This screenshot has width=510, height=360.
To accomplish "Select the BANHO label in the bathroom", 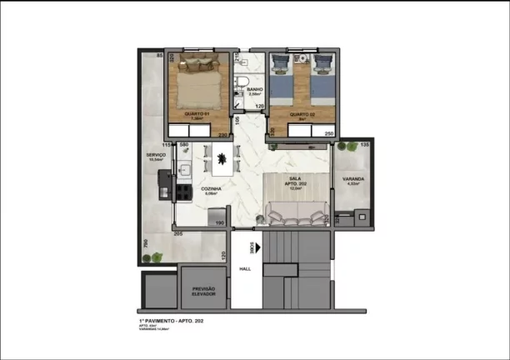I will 256,89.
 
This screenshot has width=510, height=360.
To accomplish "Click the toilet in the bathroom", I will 239,82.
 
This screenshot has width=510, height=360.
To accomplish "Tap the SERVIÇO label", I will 156,154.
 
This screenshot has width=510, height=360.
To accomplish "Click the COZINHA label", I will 211,189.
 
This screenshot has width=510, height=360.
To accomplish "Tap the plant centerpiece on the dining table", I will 222,157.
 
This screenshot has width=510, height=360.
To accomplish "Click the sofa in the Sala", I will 295,215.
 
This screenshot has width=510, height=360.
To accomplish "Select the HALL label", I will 245,269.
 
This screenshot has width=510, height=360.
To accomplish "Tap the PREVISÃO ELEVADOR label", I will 204,292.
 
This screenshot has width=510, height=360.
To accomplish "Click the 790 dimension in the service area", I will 145,244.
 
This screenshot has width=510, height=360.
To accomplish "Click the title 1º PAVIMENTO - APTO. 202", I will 172,320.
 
